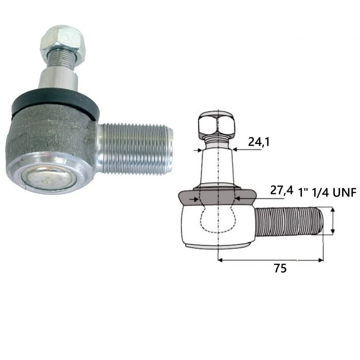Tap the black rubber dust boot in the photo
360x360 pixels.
[x=55, y=101]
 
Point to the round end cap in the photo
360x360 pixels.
[x=49, y=178]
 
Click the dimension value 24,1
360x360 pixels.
[x=259, y=142]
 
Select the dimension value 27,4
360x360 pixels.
[x=282, y=190]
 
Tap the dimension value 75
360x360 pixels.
[x=280, y=268]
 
